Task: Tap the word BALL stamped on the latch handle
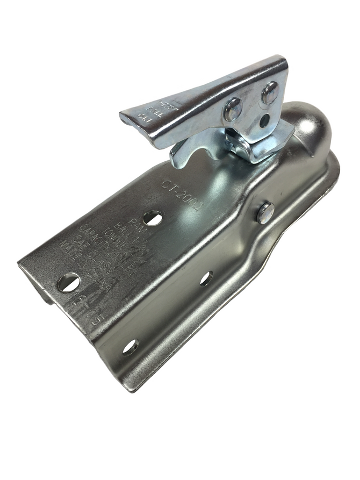pyautogui.click(x=143, y=107)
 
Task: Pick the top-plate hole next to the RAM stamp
pyautogui.click(x=153, y=218)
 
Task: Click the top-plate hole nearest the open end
pyautogui.click(x=69, y=282)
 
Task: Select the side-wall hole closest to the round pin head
pyautogui.click(x=206, y=278)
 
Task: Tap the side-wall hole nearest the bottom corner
pyautogui.click(x=130, y=347)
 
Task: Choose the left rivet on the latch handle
pyautogui.click(x=233, y=110)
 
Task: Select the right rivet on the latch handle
pyautogui.click(x=270, y=93)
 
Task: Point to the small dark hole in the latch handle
pyautogui.click(x=264, y=121)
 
